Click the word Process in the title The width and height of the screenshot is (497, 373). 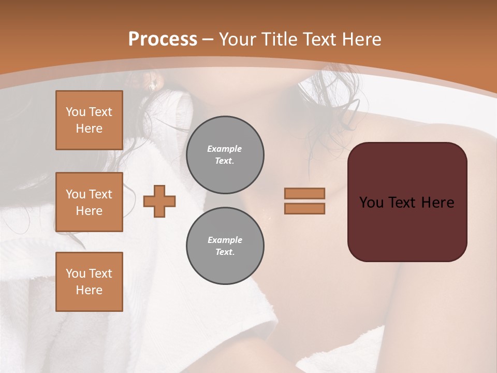tap(163, 39)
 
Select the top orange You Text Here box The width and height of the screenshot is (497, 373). tap(89, 120)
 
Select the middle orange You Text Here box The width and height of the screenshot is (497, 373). tap(89, 202)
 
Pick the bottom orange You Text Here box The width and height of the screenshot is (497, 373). tap(89, 282)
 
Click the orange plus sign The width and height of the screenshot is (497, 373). tap(159, 202)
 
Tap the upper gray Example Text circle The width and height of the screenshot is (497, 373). tap(225, 155)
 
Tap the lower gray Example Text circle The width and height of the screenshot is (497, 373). tap(225, 246)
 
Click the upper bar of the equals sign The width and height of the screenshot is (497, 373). tap(304, 193)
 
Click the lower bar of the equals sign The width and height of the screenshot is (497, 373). tap(304, 208)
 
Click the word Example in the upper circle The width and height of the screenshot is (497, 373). tap(225, 149)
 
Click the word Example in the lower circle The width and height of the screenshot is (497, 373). tap(225, 240)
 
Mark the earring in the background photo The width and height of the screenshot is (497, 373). tap(152, 87)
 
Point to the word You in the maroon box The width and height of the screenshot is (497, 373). tap(371, 203)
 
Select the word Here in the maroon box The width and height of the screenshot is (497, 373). tap(437, 203)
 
